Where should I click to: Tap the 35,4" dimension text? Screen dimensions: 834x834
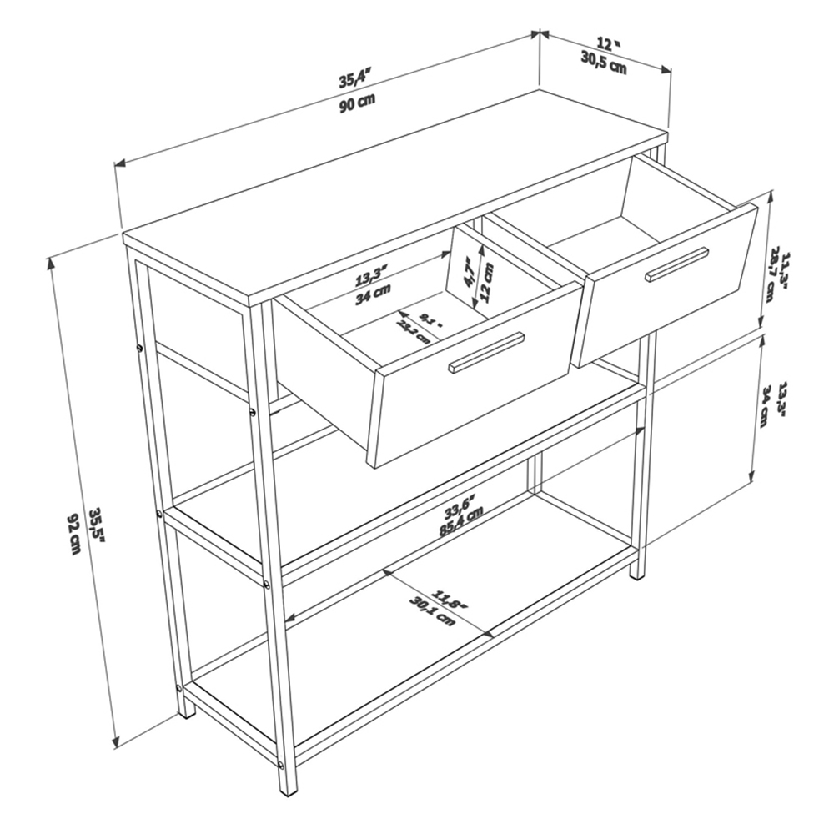click(x=354, y=80)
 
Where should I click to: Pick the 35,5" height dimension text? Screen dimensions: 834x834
click(x=98, y=528)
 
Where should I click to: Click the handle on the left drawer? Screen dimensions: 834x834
click(x=486, y=353)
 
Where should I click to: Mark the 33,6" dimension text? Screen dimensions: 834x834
click(x=459, y=505)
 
